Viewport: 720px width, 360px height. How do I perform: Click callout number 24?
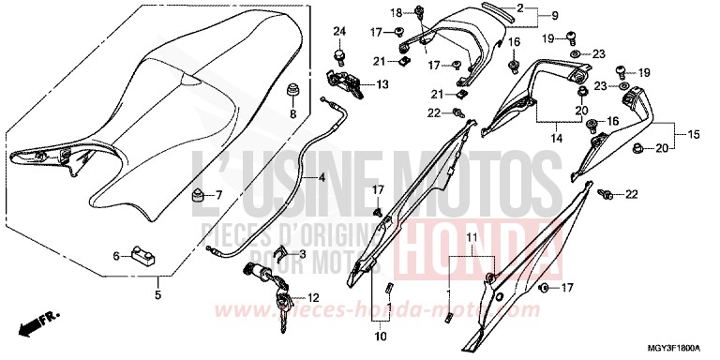339,32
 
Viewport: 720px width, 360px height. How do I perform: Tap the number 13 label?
382,84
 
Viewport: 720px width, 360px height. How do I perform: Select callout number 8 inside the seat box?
292,114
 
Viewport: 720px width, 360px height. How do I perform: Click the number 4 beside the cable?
322,177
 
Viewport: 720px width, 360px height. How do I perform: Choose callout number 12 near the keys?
302,298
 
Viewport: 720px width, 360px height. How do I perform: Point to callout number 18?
394,12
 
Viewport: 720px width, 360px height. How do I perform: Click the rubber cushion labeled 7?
198,195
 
